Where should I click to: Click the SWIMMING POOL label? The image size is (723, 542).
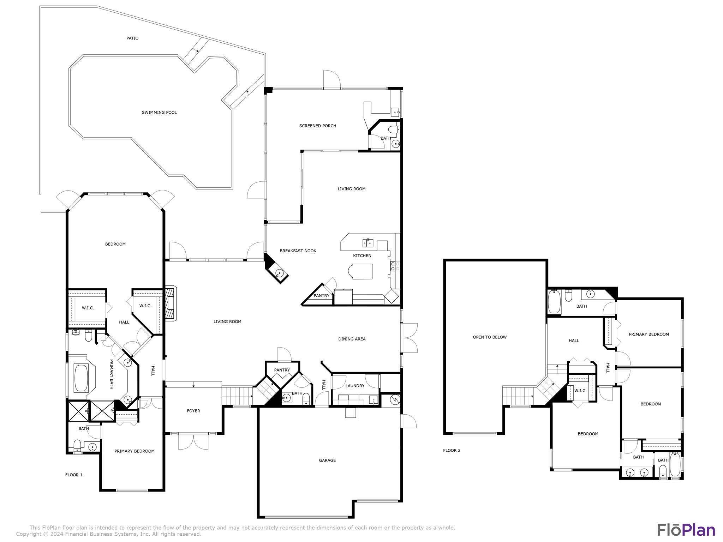click(159, 113)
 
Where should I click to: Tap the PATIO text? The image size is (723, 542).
click(132, 38)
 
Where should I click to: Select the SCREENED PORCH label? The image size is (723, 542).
click(318, 126)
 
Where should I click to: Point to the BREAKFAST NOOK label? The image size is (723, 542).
click(298, 251)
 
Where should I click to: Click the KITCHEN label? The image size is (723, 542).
click(362, 256)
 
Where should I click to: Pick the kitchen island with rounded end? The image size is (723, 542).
click(360, 271)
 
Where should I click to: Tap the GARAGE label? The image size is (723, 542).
click(327, 460)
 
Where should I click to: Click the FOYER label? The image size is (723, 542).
click(193, 411)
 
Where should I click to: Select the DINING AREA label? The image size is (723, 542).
click(352, 339)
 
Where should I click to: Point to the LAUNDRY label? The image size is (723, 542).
click(355, 386)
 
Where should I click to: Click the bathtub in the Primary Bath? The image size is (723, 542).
click(82, 378)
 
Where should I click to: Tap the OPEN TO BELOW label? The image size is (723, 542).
click(490, 337)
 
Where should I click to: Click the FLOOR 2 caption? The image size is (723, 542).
click(452, 451)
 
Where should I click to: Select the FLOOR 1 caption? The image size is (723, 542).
click(74, 475)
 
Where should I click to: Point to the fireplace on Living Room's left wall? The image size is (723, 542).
click(171, 303)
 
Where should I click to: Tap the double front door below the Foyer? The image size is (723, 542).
click(193, 441)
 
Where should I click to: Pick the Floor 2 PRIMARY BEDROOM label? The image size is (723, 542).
click(649, 335)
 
